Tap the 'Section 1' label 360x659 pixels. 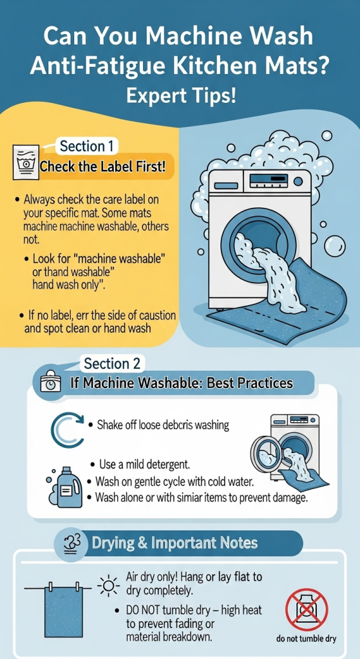(87, 146)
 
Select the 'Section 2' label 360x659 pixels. (112, 363)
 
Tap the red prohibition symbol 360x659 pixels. (307, 609)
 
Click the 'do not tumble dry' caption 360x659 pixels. (307, 639)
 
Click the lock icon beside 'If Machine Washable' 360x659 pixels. (49, 383)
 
